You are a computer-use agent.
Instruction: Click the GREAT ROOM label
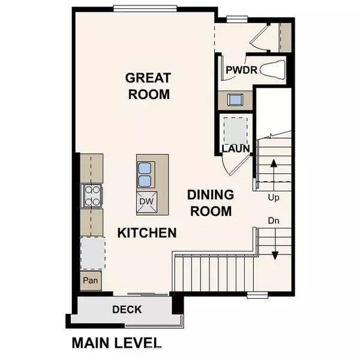tap(148, 86)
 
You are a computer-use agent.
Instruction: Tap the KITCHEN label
tap(146, 232)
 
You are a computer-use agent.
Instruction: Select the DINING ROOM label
tap(209, 203)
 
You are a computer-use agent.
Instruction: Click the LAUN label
tap(236, 148)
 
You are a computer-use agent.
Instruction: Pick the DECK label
tap(127, 310)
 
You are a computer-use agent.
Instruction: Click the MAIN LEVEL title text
tap(116, 343)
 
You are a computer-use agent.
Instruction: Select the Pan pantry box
tap(91, 280)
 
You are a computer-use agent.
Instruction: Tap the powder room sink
tap(234, 99)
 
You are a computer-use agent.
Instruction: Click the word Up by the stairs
tap(273, 197)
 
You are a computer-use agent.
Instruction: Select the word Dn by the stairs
tap(274, 221)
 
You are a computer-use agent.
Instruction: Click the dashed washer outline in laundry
tap(234, 128)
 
